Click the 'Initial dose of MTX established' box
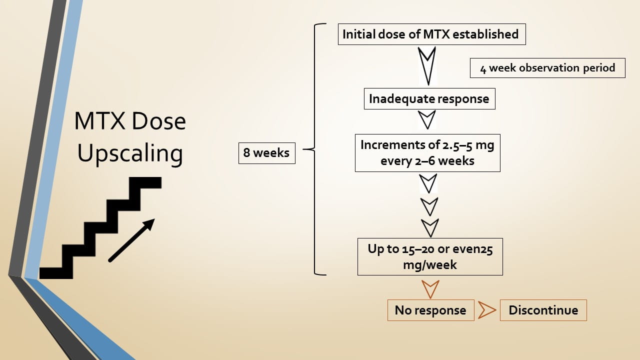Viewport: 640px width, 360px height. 431,34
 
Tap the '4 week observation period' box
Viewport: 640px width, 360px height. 547,68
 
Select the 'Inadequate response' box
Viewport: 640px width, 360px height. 429,99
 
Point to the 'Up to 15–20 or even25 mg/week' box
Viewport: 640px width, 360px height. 430,256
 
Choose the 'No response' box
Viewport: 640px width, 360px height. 430,310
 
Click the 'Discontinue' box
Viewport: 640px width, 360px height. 543,310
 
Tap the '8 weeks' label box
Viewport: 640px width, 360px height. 266,153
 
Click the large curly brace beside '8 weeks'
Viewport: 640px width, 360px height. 314,149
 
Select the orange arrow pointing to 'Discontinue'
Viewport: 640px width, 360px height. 486,310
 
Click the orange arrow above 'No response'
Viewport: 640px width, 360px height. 430,288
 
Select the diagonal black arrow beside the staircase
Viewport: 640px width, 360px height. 131,240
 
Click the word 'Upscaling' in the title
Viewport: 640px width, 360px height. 130,153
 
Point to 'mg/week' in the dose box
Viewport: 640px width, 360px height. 430,264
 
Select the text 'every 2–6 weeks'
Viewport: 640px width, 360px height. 427,160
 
